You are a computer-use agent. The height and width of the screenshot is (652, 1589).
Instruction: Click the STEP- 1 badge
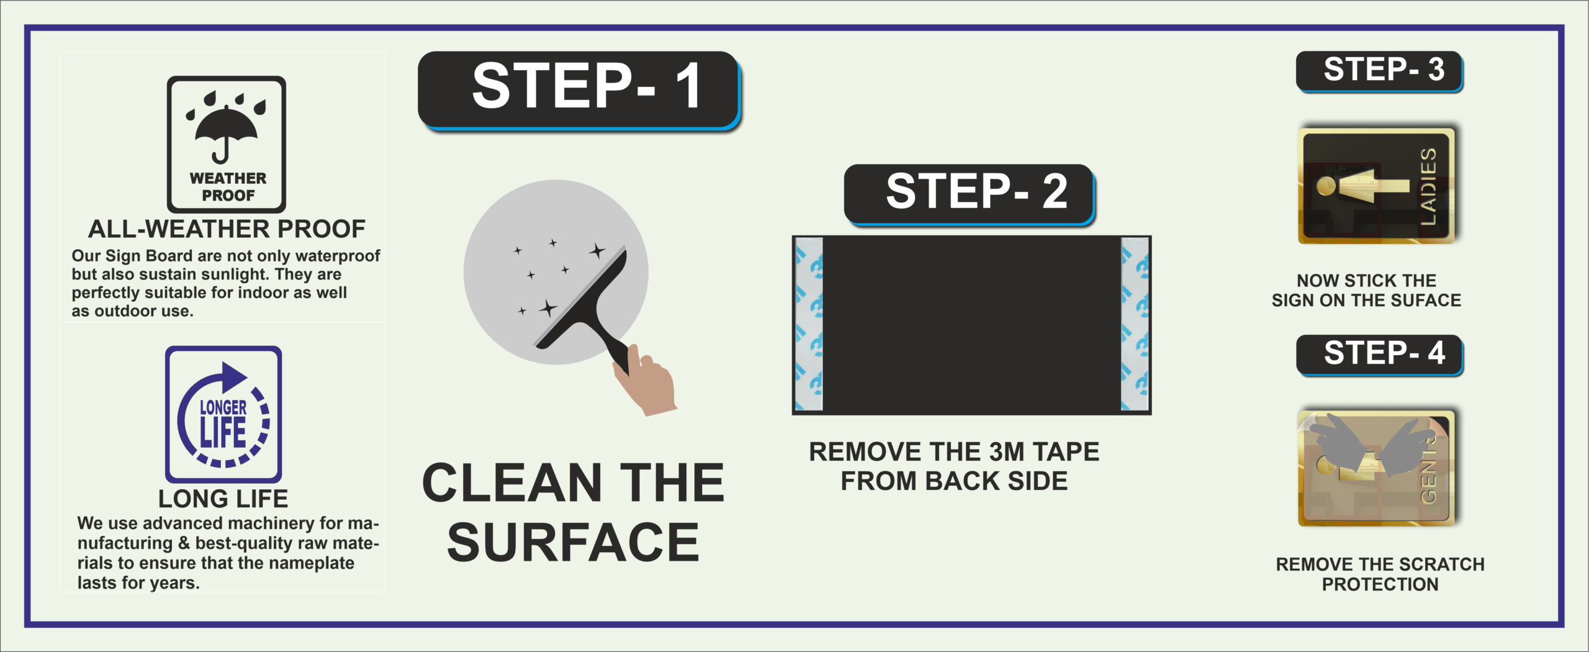[580, 91]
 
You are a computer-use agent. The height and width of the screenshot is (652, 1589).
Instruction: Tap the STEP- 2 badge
[970, 194]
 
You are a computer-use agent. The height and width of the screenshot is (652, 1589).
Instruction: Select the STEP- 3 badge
[1380, 72]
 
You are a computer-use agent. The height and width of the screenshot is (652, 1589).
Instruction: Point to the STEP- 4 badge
[1380, 355]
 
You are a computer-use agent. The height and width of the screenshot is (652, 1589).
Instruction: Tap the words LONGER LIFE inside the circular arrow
[223, 423]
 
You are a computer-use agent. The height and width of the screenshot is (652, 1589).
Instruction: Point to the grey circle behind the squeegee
[556, 272]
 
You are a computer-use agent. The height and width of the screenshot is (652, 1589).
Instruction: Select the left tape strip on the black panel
[809, 324]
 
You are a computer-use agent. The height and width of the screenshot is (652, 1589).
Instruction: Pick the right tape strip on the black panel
[1135, 324]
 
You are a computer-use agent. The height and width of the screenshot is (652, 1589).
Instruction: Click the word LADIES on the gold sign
[1428, 187]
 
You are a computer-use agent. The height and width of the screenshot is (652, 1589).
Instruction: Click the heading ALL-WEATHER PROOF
[227, 229]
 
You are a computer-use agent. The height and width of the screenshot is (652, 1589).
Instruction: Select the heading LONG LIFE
[223, 499]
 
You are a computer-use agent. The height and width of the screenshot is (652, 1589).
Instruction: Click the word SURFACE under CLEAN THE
[573, 542]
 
